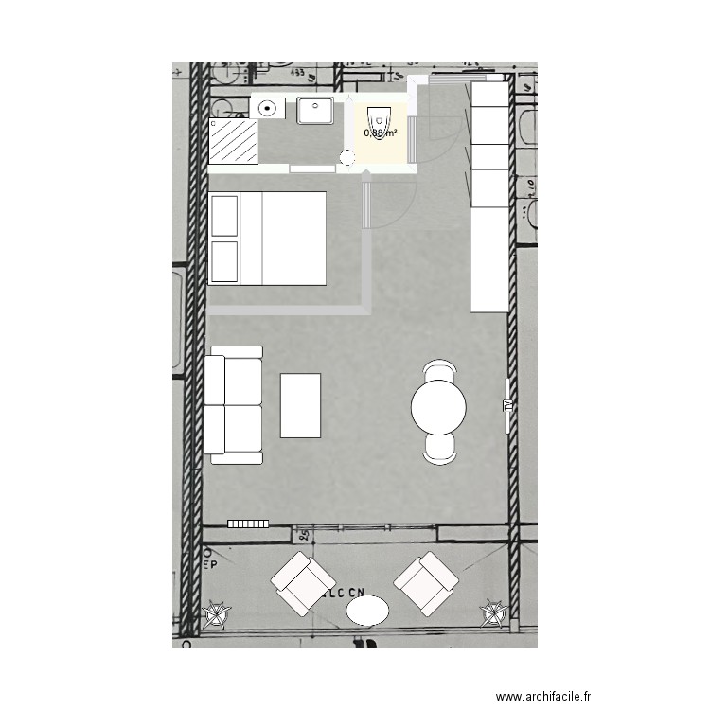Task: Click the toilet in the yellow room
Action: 379,120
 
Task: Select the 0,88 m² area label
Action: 380,133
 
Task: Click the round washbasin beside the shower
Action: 269,109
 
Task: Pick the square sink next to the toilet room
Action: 315,111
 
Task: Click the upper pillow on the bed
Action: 224,217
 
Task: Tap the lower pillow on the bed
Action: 224,261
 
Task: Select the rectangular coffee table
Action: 300,405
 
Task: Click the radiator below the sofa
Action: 249,523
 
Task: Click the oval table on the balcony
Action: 367,610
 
